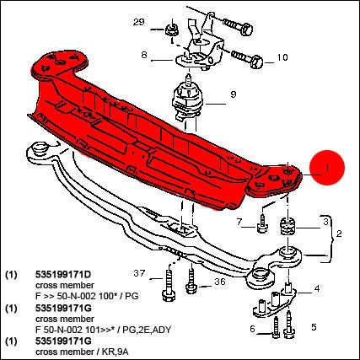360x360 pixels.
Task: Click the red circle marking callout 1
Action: tap(327, 168)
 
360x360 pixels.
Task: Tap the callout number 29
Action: tap(138, 22)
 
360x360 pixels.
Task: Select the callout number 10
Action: tap(282, 57)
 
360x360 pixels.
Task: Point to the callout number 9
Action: tap(234, 94)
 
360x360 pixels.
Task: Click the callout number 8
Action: tap(144, 55)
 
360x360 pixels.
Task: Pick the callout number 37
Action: tap(139, 273)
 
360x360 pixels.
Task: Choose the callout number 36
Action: tap(220, 282)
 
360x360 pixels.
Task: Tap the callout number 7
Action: tap(239, 223)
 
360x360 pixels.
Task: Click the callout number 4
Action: tap(317, 288)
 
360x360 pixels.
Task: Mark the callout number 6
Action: tap(252, 328)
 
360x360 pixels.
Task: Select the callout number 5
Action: tap(314, 327)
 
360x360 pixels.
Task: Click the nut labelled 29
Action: tap(170, 29)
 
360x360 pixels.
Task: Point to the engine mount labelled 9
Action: tap(188, 100)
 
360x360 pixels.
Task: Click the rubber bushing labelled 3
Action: tap(287, 227)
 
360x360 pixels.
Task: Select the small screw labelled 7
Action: tap(262, 223)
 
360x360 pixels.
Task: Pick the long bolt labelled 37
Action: tap(169, 286)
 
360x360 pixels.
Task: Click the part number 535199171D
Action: tap(63, 274)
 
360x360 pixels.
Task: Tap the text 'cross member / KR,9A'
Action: tap(83, 352)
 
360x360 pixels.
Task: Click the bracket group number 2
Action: tap(339, 234)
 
